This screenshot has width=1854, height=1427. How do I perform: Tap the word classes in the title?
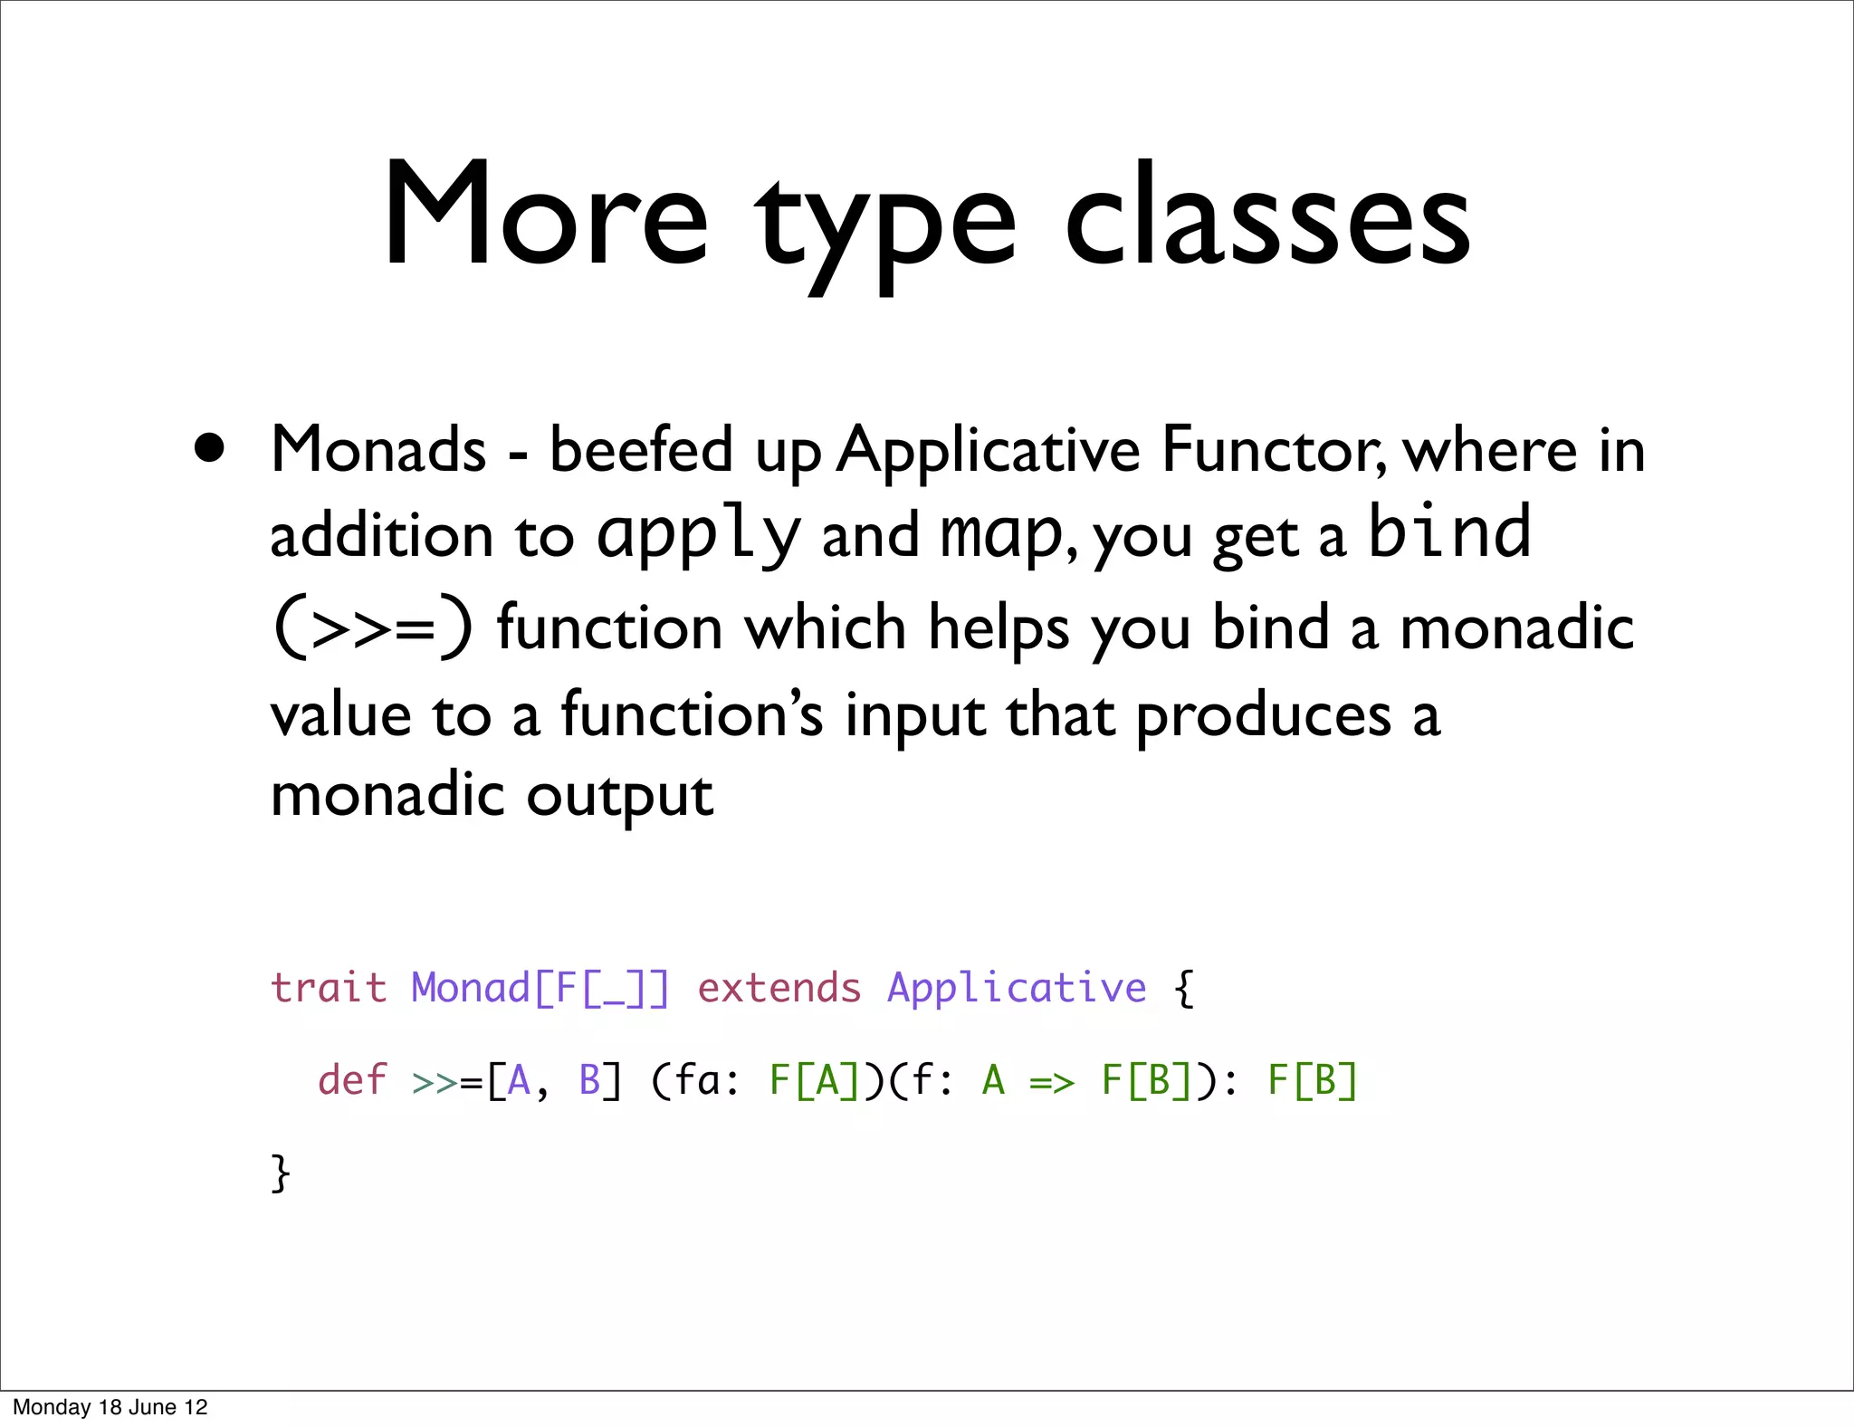click(x=1267, y=217)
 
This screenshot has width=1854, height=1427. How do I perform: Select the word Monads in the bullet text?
click(x=378, y=449)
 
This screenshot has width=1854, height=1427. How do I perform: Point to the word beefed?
click(x=641, y=449)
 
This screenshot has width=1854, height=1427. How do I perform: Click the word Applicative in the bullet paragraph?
click(x=988, y=449)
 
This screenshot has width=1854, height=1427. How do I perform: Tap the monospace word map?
click(x=1000, y=534)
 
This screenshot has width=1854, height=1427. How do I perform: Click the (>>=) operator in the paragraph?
click(x=372, y=627)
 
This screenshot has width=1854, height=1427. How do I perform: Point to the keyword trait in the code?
click(x=329, y=987)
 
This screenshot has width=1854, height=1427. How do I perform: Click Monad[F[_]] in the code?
click(x=540, y=987)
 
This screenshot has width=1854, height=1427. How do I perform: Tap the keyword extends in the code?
click(x=779, y=987)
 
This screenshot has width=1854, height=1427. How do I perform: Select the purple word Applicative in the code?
click(x=1016, y=987)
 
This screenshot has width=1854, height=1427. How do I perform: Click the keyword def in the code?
click(x=351, y=1080)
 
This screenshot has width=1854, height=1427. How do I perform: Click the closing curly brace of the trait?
click(x=281, y=1173)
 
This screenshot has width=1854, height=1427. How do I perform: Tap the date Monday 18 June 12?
click(x=110, y=1407)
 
